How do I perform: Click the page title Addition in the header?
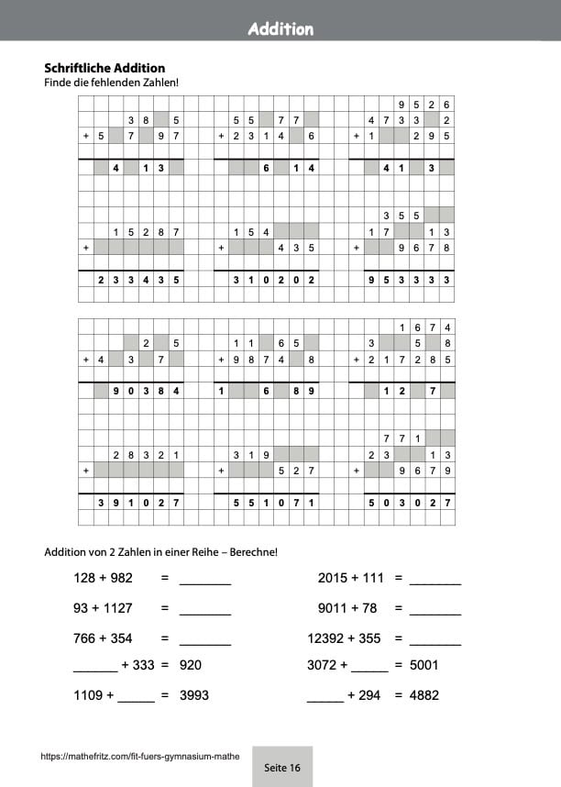point(280,29)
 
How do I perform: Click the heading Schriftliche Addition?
point(104,68)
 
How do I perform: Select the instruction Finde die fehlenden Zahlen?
point(111,83)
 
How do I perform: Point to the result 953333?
point(409,280)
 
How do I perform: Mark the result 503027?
point(409,503)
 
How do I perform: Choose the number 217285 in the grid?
point(409,360)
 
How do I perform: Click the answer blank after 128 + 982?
point(205,580)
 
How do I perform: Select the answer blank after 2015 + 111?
point(435,580)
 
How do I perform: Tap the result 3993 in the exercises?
point(194,695)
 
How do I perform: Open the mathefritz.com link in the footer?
point(140,757)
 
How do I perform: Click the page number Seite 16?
point(281,767)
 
